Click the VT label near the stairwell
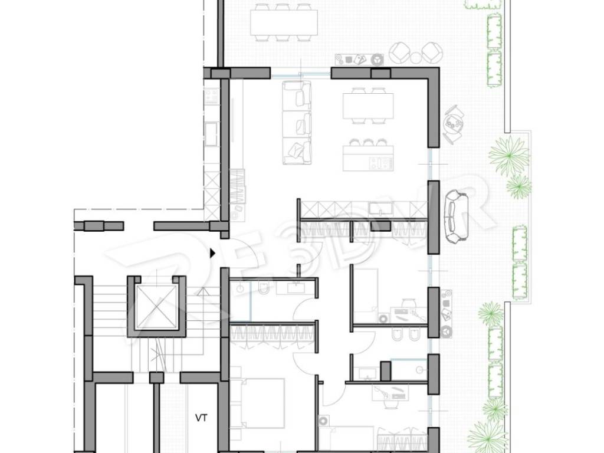click(x=201, y=418)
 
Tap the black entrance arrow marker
click(x=212, y=253)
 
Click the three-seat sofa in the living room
click(x=297, y=123)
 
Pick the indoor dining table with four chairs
click(x=368, y=106)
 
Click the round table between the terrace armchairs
click(x=416, y=58)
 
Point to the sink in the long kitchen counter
click(x=381, y=208)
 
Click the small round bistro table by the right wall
click(x=454, y=124)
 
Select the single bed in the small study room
click(x=366, y=296)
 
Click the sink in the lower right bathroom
click(x=368, y=373)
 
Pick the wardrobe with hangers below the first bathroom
click(x=273, y=334)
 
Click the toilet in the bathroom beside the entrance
click(x=264, y=288)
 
